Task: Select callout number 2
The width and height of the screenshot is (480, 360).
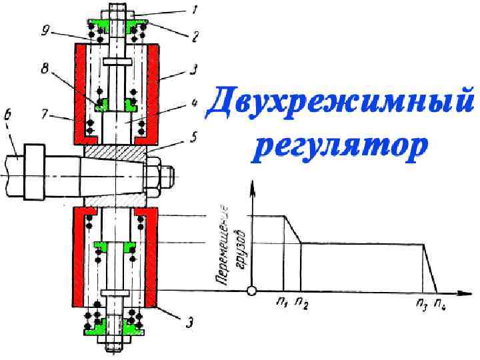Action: click(195, 39)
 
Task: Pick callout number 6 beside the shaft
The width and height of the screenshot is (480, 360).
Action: click(9, 119)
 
